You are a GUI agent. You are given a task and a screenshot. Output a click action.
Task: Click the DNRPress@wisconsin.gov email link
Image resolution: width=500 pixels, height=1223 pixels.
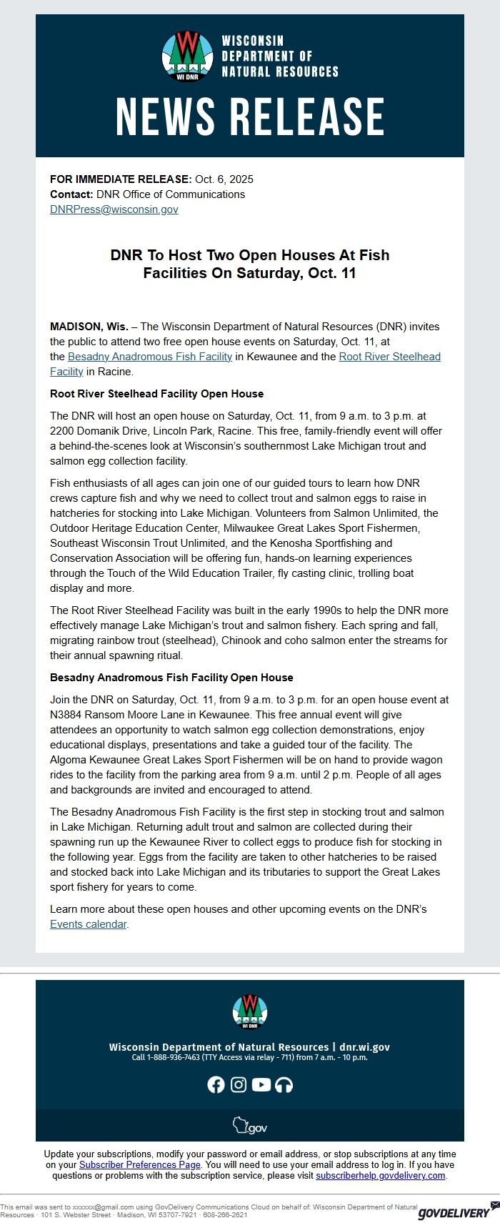(x=114, y=209)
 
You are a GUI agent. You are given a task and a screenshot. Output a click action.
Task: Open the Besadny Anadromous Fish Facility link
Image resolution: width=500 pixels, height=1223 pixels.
(x=150, y=357)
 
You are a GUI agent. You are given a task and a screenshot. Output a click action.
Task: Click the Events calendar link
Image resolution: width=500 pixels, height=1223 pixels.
(x=89, y=924)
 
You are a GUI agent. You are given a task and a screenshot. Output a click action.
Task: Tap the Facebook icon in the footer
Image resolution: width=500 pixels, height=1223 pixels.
(x=216, y=1084)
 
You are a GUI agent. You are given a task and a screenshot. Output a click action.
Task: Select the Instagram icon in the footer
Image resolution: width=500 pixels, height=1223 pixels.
(x=239, y=1084)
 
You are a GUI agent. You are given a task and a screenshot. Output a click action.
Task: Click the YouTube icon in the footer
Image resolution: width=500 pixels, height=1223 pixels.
(x=261, y=1084)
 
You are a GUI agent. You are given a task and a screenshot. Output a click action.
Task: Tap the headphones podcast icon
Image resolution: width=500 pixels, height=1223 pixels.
(x=284, y=1084)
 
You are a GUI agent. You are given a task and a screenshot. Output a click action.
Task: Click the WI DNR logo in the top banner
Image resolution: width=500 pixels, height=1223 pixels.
(x=187, y=56)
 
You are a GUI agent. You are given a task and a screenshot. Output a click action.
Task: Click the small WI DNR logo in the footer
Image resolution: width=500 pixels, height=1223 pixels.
(x=249, y=1011)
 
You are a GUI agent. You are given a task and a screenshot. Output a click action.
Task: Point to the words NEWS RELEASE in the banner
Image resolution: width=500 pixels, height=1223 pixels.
(x=250, y=117)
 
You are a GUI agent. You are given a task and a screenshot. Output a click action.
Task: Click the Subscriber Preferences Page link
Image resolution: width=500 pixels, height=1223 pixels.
(x=139, y=1164)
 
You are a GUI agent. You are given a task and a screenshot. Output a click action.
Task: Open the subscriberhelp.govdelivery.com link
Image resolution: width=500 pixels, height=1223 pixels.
(x=381, y=1175)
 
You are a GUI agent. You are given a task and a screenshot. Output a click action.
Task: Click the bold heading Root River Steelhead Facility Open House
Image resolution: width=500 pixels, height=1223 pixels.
(x=156, y=394)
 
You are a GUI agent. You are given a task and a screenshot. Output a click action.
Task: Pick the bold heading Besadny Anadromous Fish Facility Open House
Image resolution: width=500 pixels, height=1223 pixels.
(x=171, y=678)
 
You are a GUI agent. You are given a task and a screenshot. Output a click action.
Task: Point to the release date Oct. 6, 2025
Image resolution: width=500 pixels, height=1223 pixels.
(x=224, y=179)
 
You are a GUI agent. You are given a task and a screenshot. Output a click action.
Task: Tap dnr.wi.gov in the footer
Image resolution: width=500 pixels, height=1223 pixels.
(x=364, y=1047)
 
